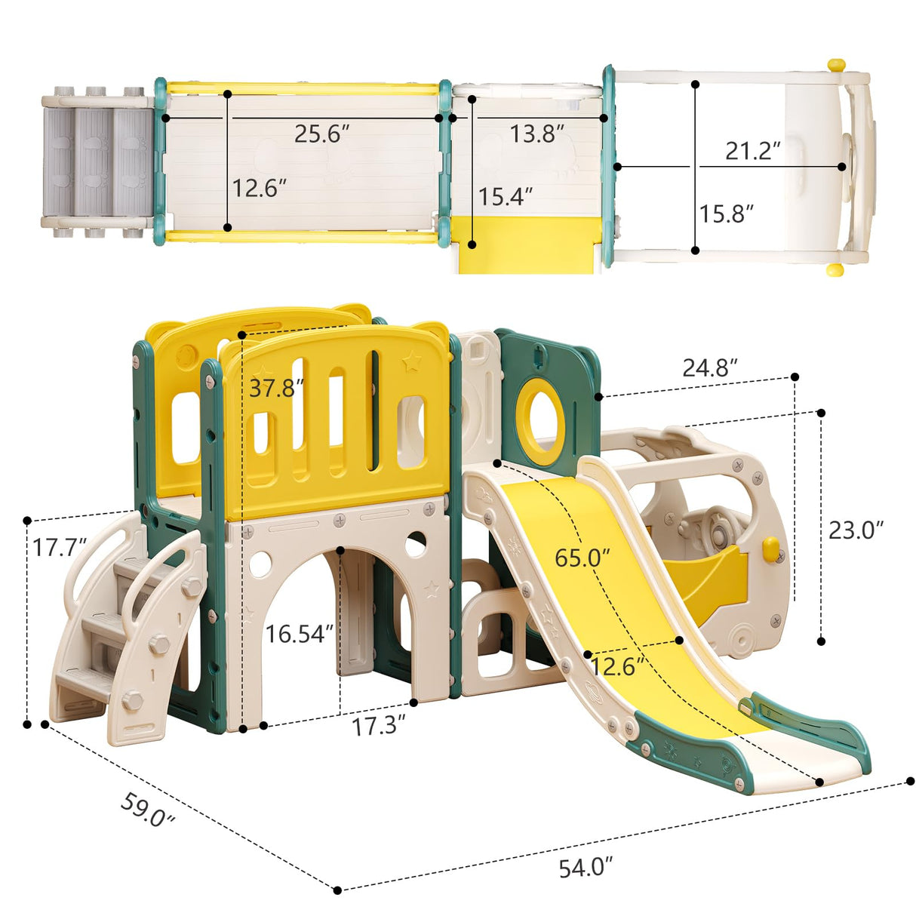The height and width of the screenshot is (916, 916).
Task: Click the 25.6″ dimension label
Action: (x=322, y=134)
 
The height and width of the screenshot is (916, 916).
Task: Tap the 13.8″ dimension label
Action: (x=536, y=134)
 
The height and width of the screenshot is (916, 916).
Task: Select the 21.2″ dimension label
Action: (x=752, y=151)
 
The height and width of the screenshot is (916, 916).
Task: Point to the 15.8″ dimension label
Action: (x=726, y=214)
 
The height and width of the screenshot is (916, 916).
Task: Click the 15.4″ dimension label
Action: (x=506, y=197)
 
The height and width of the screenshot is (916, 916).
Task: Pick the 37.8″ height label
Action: (x=276, y=388)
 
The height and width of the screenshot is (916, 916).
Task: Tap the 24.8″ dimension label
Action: (x=709, y=367)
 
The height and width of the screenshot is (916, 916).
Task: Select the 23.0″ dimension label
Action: (x=856, y=530)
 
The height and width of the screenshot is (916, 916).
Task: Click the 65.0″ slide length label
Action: (x=582, y=558)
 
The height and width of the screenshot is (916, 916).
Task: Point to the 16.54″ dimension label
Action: (x=299, y=634)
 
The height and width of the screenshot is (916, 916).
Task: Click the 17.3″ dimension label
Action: (x=379, y=726)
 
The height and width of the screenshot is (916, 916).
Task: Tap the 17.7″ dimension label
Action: (x=59, y=547)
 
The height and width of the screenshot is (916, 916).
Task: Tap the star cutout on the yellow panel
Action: (x=411, y=363)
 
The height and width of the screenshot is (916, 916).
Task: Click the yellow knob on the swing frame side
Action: (x=770, y=549)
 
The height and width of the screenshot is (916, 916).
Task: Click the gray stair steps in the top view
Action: (x=95, y=162)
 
